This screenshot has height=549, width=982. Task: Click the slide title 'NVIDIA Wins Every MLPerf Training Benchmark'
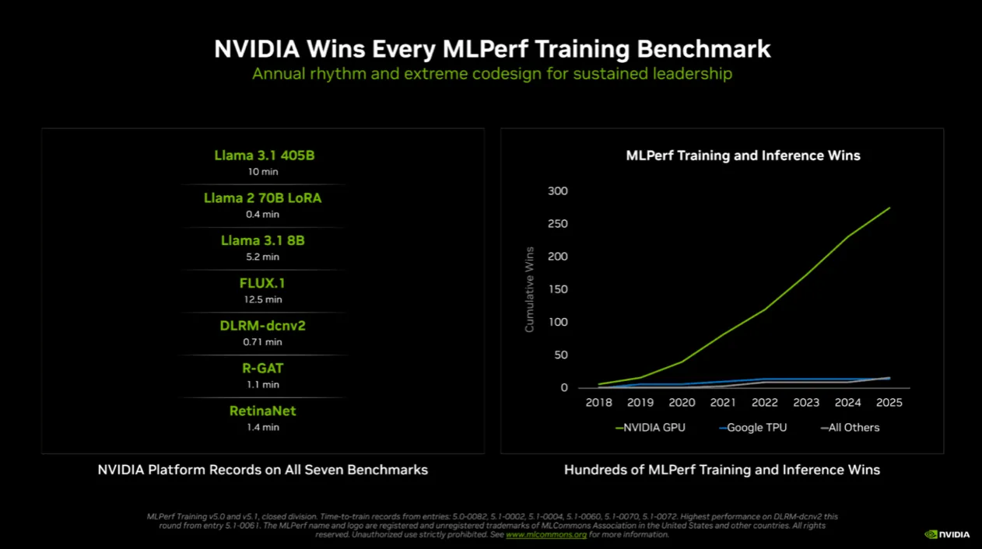click(492, 49)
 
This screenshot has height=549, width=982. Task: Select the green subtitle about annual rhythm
click(492, 75)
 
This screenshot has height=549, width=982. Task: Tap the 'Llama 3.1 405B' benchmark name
click(264, 156)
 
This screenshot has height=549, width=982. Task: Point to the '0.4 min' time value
click(262, 215)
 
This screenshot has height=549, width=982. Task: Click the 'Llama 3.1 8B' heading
click(262, 241)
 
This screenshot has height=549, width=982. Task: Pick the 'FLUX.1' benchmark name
click(262, 284)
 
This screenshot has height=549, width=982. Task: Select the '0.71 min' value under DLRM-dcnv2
click(262, 342)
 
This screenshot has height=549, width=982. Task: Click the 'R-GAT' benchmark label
click(262, 369)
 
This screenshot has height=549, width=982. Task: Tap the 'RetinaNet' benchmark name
click(262, 411)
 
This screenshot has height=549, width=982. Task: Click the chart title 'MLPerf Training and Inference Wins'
click(743, 156)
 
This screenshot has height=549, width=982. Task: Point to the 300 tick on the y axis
click(558, 191)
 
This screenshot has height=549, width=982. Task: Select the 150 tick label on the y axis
click(558, 290)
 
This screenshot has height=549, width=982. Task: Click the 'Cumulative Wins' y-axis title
click(530, 290)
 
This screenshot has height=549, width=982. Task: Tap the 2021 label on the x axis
click(723, 403)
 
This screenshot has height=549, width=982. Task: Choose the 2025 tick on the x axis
click(889, 403)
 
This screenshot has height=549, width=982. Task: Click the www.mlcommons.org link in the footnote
click(545, 535)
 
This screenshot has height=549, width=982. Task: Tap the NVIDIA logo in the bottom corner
click(947, 535)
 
